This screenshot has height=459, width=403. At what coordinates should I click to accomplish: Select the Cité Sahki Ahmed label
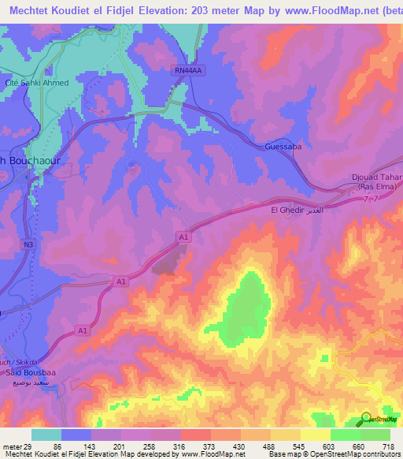pyautogui.click(x=48, y=83)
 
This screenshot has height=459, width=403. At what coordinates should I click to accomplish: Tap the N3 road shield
pyautogui.click(x=29, y=245)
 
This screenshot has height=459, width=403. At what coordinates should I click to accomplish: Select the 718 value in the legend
pyautogui.click(x=389, y=446)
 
